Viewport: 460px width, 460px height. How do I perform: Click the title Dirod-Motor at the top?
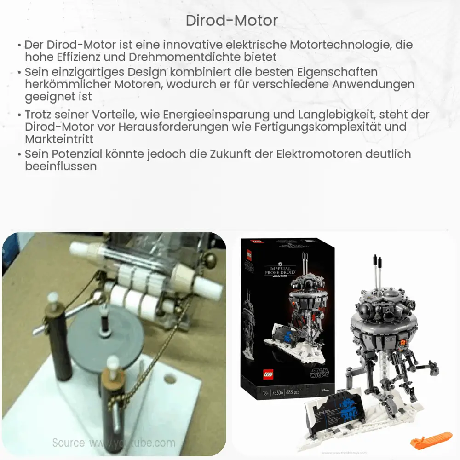tap(231, 21)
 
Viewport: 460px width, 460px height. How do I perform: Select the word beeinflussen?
tap(61, 167)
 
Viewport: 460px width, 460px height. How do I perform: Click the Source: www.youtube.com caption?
tap(114, 443)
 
